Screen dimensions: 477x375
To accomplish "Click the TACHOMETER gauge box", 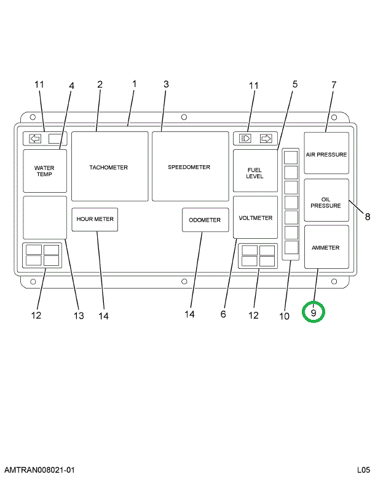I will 109,166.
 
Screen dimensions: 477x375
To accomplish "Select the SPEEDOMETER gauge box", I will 189,166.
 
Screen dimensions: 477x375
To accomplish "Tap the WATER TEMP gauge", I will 44,171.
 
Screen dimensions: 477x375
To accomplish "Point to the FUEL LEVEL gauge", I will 255,173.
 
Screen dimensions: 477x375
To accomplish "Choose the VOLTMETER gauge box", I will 255,217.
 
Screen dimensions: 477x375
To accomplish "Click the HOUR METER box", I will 95,219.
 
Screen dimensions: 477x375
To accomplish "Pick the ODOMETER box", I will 205,220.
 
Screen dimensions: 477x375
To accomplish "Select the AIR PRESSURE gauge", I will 326,154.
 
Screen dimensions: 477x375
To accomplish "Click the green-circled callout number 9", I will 314,312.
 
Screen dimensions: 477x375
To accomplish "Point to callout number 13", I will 79,316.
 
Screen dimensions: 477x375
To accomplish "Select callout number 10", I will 284,316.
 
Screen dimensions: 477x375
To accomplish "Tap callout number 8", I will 367,216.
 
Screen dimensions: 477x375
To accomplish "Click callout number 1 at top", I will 134,83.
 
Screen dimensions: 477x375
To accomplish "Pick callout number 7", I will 334,84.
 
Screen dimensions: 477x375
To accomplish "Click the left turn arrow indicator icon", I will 36,138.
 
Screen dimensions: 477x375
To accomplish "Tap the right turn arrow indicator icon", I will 266,138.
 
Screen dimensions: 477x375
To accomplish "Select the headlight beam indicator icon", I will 245,138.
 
